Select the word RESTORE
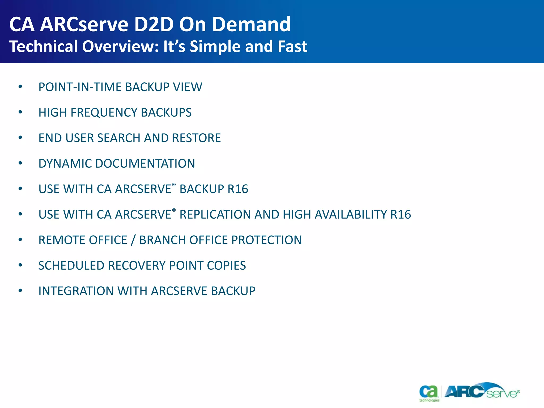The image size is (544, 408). click(196, 138)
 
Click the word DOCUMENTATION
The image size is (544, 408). click(145, 164)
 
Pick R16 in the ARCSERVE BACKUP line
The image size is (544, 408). click(238, 189)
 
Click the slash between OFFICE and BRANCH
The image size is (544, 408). click(133, 240)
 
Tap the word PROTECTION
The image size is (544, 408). click(266, 240)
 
